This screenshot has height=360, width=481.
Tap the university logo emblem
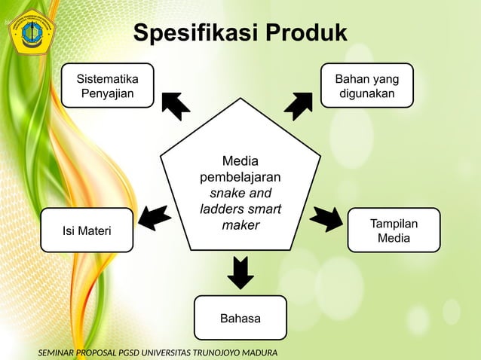coord(31,31)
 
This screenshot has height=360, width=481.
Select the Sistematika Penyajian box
coord(108,86)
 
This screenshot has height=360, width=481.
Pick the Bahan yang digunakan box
coord(367,86)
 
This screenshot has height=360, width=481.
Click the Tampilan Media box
coord(393,230)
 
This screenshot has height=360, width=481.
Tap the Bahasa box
coord(240,319)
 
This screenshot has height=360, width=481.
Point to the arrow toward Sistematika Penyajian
coord(176,105)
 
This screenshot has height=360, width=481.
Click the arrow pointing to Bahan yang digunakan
coord(299,105)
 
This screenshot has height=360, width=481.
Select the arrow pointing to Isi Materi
coord(155,217)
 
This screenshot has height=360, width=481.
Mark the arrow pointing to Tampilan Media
coord(326,218)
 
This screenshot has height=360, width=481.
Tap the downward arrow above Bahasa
coord(240,272)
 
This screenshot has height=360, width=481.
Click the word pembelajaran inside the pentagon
coord(240,178)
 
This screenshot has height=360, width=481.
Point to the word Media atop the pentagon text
coord(240,161)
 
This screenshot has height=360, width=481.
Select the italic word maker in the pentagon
coord(240,225)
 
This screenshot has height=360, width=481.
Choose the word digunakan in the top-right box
coord(367,95)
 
